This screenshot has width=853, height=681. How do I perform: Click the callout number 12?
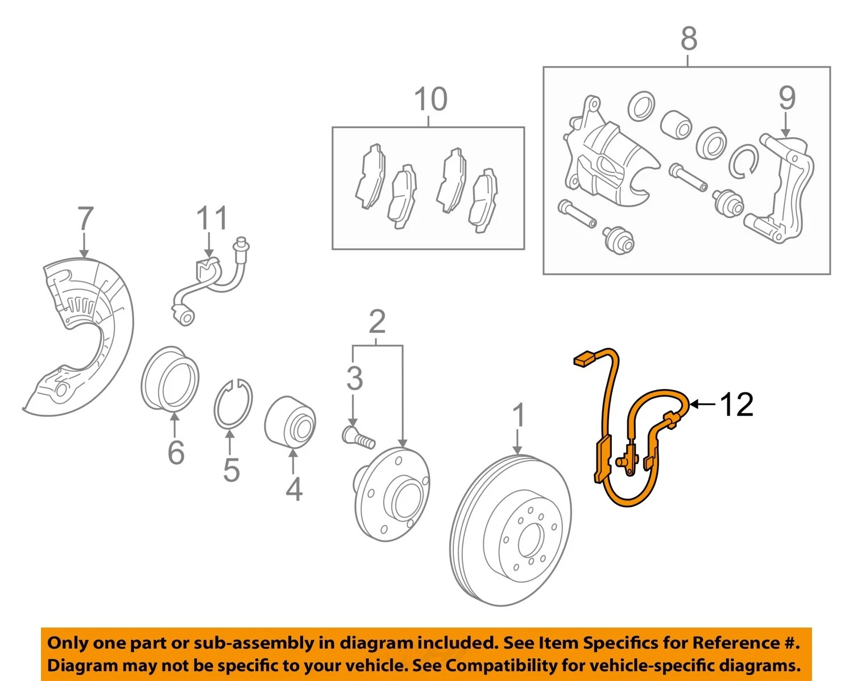point(736,405)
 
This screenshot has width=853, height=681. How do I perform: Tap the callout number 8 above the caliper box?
point(689,39)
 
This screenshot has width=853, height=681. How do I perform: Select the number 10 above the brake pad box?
point(431,99)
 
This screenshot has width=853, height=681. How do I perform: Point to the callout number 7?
point(86,218)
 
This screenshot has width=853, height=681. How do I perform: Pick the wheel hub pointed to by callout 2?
point(391,494)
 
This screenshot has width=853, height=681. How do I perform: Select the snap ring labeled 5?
point(233,404)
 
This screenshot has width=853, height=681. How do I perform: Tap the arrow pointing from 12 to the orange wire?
point(702,405)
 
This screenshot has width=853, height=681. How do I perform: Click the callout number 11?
point(213,217)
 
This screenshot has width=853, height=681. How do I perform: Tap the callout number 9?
point(787,98)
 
